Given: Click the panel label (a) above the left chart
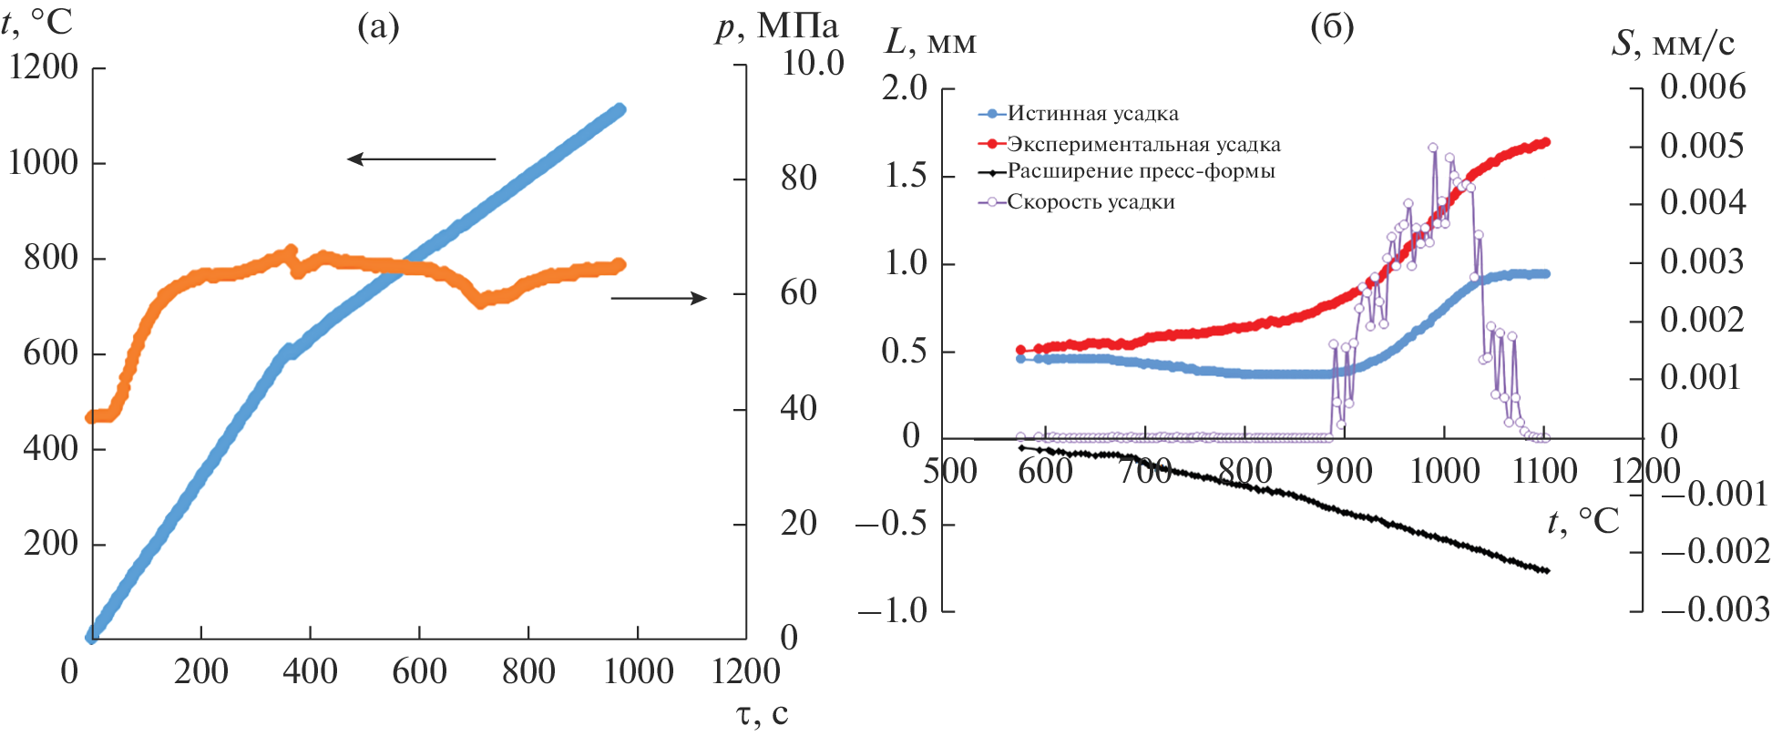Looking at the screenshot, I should coord(378,27).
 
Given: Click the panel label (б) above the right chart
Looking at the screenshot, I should coord(1331,27).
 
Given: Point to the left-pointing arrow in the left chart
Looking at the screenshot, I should coord(421,159).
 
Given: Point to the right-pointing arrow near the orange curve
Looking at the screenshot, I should coord(659,298).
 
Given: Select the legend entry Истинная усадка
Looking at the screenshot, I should coord(1092,114).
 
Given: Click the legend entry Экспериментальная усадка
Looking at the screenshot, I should coord(1143,144).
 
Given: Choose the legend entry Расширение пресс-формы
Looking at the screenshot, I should coord(1141,171).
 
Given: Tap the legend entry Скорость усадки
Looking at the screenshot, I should coord(1091,202).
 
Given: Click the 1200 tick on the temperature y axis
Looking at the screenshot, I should coord(44,67).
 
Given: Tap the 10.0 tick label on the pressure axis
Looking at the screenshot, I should coord(813,63).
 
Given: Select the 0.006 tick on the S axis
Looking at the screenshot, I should coord(1703,87).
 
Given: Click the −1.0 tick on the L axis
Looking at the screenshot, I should coord(892,611).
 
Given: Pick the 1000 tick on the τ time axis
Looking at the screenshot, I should coord(638,671).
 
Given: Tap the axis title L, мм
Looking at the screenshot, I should coord(930,42).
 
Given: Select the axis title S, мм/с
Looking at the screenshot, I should coord(1673,43).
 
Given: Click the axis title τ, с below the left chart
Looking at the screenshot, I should coord(762,715).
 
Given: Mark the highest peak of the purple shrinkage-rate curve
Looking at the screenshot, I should coord(1433,148).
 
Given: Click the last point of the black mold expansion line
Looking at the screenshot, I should coord(1546,571).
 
